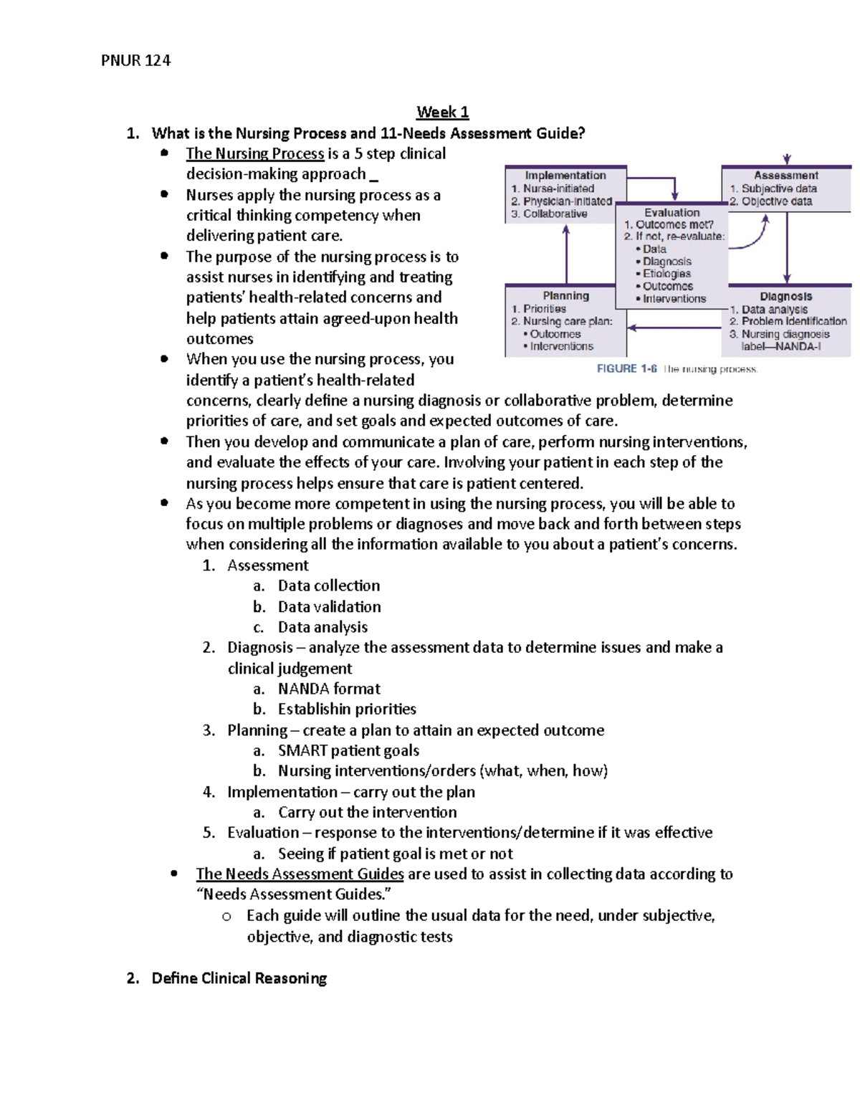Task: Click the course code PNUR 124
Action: click(x=135, y=60)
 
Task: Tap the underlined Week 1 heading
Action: click(x=442, y=112)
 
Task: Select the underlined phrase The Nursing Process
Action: click(x=254, y=153)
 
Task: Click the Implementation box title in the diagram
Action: click(x=565, y=175)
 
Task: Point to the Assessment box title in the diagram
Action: click(x=785, y=175)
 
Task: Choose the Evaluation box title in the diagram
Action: click(x=672, y=212)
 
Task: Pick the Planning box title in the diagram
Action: click(x=565, y=295)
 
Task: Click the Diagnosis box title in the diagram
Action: click(x=785, y=296)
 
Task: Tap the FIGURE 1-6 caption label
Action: click(x=627, y=368)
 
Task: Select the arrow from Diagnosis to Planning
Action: click(x=674, y=328)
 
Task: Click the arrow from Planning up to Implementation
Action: click(x=566, y=254)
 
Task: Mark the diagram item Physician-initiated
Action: click(x=567, y=201)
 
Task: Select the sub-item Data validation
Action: click(x=329, y=606)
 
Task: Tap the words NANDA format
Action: click(x=329, y=689)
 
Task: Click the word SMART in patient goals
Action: click(x=302, y=750)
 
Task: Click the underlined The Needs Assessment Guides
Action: click(x=300, y=874)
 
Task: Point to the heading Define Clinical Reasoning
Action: click(x=239, y=978)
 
